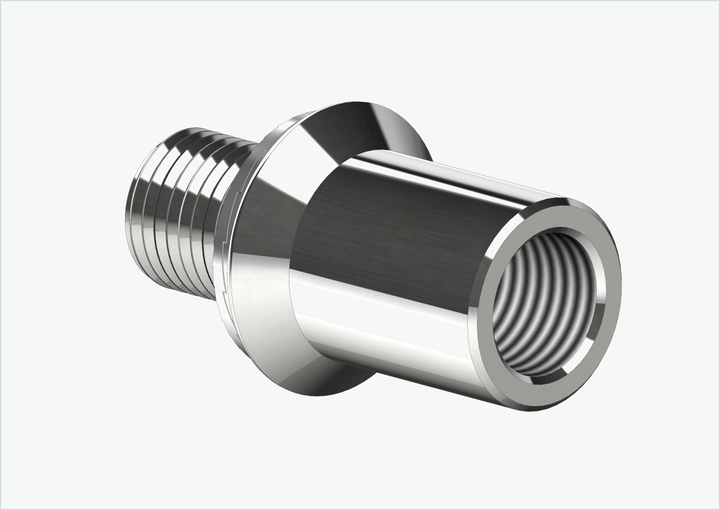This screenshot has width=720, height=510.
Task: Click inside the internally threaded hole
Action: pos(544,304)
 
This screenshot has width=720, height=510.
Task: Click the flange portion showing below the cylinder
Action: pos(324,376)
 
